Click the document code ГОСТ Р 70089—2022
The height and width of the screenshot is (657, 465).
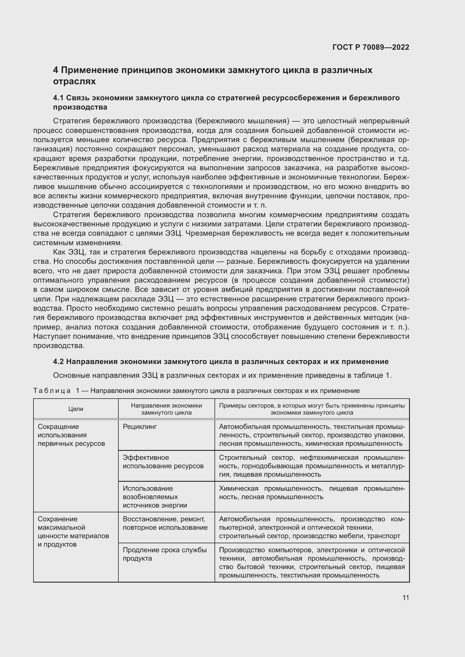tap(371, 47)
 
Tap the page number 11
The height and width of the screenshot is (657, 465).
tap(405, 598)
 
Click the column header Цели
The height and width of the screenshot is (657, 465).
tap(76, 409)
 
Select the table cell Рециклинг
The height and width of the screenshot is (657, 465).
tap(140, 427)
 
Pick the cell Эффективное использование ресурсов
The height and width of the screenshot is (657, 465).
tap(163, 462)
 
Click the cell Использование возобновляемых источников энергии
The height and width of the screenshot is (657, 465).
tap(155, 497)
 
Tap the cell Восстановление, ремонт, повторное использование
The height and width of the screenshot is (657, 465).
tap(165, 523)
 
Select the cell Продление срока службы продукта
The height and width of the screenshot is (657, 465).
tap(165, 554)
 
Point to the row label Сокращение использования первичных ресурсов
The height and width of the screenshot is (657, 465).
tap(71, 435)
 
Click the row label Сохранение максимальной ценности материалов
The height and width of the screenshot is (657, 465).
tap(73, 531)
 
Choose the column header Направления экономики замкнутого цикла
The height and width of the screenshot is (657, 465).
tap(166, 409)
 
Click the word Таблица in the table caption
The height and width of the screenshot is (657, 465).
tap(52, 391)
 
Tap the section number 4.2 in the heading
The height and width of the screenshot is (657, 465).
tap(58, 362)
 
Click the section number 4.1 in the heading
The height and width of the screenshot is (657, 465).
tap(58, 98)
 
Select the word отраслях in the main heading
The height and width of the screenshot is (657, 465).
tap(75, 81)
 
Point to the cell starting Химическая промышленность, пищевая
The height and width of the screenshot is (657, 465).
tap(312, 492)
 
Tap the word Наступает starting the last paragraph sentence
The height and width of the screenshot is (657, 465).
tap(51, 337)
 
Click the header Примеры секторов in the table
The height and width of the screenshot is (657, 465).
tap(312, 409)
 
